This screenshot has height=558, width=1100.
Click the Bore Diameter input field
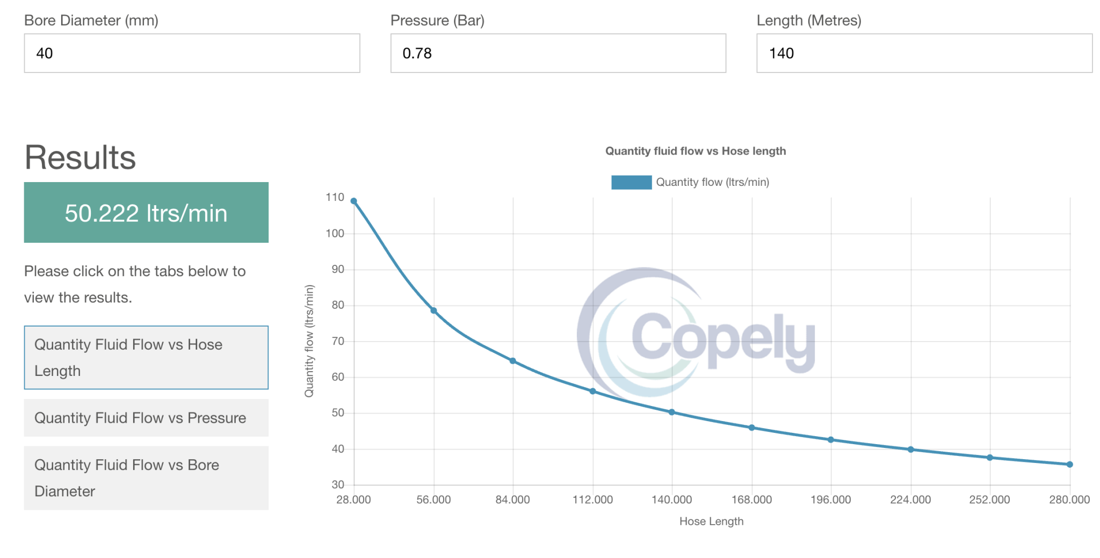tap(192, 53)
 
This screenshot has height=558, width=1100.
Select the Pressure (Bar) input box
tap(558, 53)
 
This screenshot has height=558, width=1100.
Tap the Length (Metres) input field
tap(924, 53)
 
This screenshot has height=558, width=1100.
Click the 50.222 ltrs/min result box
tap(146, 213)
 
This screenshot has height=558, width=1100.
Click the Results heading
tap(80, 157)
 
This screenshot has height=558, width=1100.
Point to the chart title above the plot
tap(696, 151)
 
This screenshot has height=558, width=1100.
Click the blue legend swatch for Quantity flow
tap(631, 183)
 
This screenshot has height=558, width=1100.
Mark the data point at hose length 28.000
tap(353, 201)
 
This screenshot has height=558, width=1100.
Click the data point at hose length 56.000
tap(433, 310)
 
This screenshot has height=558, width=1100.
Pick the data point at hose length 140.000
tap(672, 412)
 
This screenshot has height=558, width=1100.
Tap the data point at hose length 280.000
tap(1069, 465)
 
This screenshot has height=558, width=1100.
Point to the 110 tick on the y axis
tap(335, 198)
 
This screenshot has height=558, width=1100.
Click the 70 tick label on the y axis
tap(337, 341)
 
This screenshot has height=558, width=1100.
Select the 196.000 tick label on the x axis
tap(830, 500)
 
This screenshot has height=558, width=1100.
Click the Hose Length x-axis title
tap(711, 521)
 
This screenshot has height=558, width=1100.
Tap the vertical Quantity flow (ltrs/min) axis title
tap(309, 341)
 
